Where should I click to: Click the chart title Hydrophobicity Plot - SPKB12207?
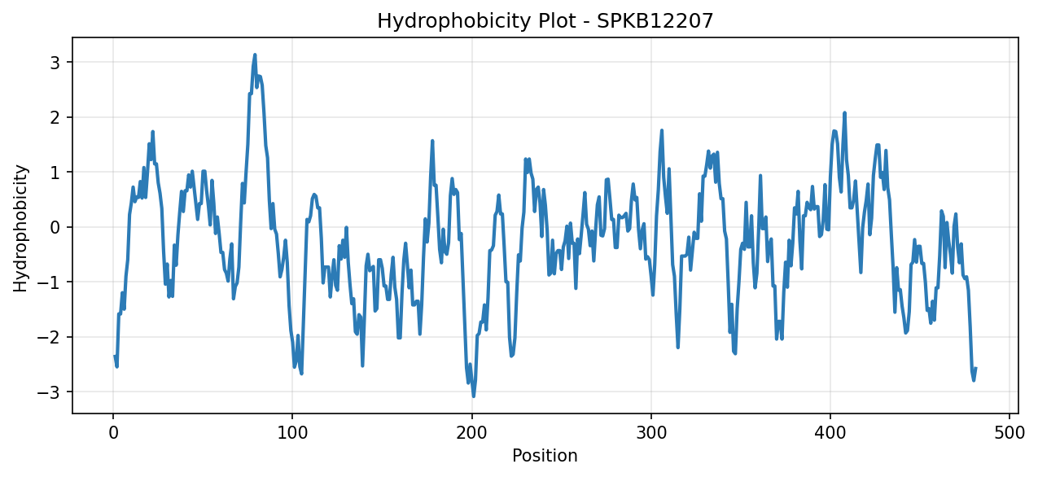(545, 21)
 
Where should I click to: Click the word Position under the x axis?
(545, 456)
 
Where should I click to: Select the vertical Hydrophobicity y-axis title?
(20, 228)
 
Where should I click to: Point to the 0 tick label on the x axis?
(113, 433)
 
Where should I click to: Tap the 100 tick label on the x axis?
(292, 433)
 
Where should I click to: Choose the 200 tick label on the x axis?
(471, 433)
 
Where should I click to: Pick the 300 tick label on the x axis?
(651, 433)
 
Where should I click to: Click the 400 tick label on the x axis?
(830, 433)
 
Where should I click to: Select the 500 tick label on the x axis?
(1010, 433)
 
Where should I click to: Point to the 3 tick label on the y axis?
(55, 63)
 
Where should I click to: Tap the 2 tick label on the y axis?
(55, 118)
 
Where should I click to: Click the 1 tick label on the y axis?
(55, 173)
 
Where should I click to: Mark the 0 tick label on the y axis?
(55, 227)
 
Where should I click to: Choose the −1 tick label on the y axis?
(49, 282)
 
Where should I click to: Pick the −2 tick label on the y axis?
(49, 337)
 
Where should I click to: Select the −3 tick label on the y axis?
(49, 392)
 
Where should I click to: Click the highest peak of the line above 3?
(255, 55)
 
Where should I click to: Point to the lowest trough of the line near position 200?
(474, 396)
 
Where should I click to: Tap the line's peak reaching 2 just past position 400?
(845, 112)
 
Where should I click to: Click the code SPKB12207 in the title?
(655, 21)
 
